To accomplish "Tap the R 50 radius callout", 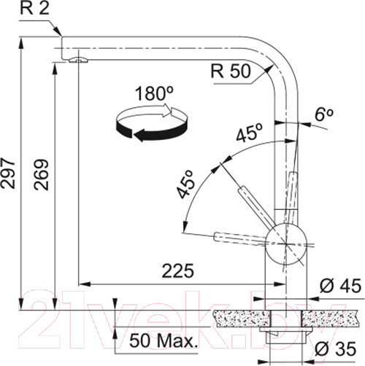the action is click(x=231, y=71).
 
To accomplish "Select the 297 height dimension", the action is click(x=8, y=174).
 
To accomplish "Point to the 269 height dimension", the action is click(x=41, y=174).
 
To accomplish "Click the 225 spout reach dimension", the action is click(x=178, y=270).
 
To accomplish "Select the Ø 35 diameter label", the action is click(x=335, y=349).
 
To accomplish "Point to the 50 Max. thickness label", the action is click(x=164, y=340).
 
